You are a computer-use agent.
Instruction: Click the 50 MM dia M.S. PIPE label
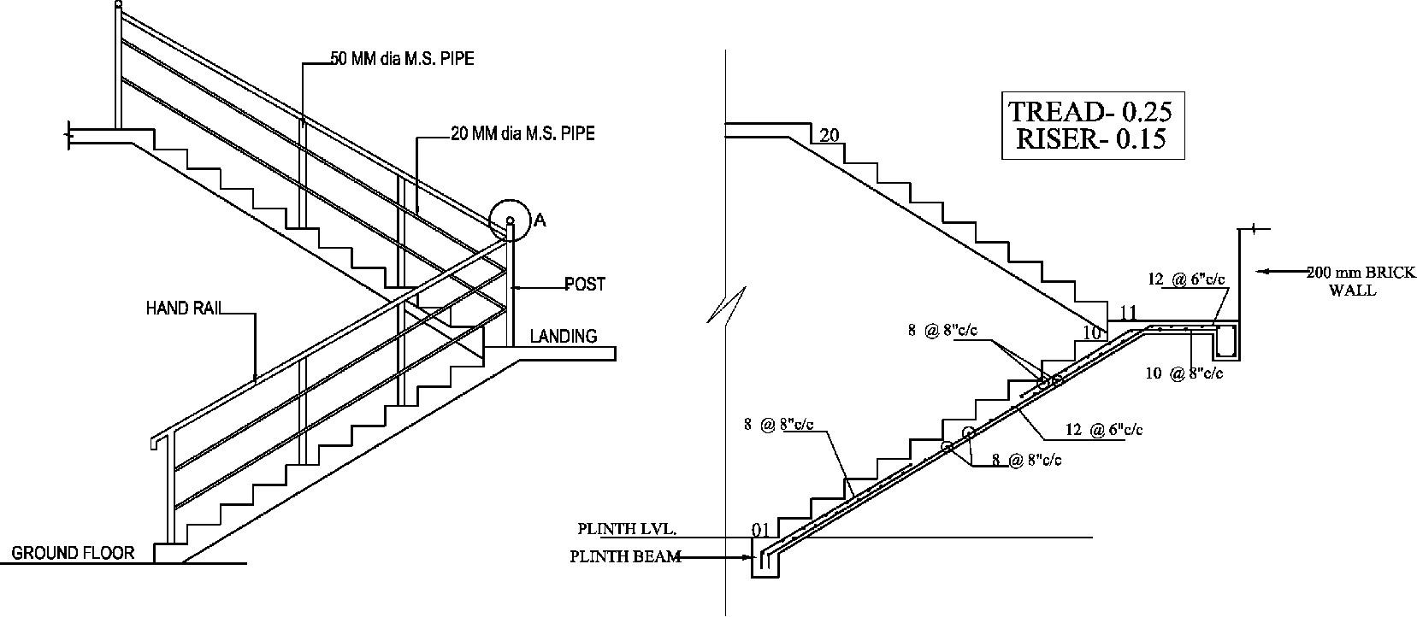click(402, 60)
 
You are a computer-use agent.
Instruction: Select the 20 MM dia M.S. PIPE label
click(523, 133)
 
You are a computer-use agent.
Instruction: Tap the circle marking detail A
click(509, 220)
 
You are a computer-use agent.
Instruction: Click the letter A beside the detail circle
click(540, 220)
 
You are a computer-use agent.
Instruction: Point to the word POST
click(585, 285)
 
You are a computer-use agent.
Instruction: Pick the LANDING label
click(564, 336)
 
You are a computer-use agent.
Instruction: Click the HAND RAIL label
click(183, 308)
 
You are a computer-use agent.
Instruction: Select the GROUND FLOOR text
click(73, 553)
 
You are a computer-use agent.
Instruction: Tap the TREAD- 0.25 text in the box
click(1090, 111)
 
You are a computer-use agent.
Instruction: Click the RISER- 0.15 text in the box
click(1090, 139)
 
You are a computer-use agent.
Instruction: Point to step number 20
click(830, 135)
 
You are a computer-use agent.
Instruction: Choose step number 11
click(1128, 313)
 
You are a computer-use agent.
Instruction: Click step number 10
click(1092, 333)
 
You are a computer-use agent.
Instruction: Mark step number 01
click(761, 530)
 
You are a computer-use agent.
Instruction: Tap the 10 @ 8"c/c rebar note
click(1184, 373)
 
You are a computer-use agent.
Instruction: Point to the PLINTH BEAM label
click(625, 557)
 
